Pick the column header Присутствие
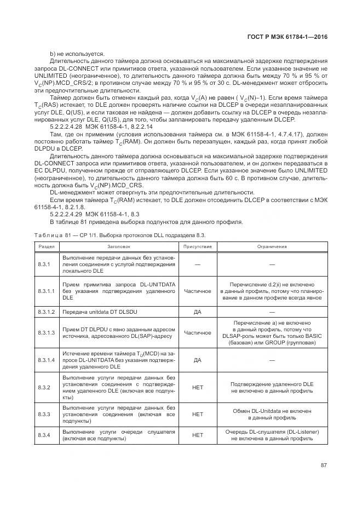coord(197,246)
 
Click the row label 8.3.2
coord(44,388)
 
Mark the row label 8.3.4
coord(44,435)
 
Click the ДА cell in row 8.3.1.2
coord(197,312)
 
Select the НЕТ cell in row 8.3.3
coord(197,414)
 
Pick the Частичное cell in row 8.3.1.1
coord(197,291)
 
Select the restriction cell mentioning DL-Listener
coord(272,435)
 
